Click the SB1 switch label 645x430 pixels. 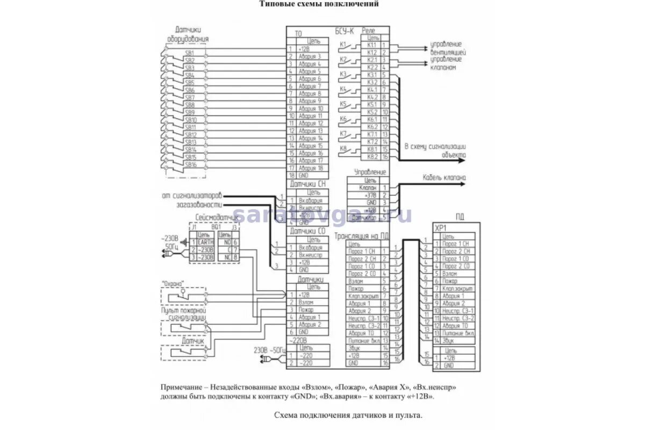189,53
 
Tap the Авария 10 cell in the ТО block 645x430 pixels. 310,108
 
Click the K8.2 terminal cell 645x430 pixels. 372,156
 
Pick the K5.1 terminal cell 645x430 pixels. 372,104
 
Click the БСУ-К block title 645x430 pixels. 345,32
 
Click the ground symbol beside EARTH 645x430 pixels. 185,242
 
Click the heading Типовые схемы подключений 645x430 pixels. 319,4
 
